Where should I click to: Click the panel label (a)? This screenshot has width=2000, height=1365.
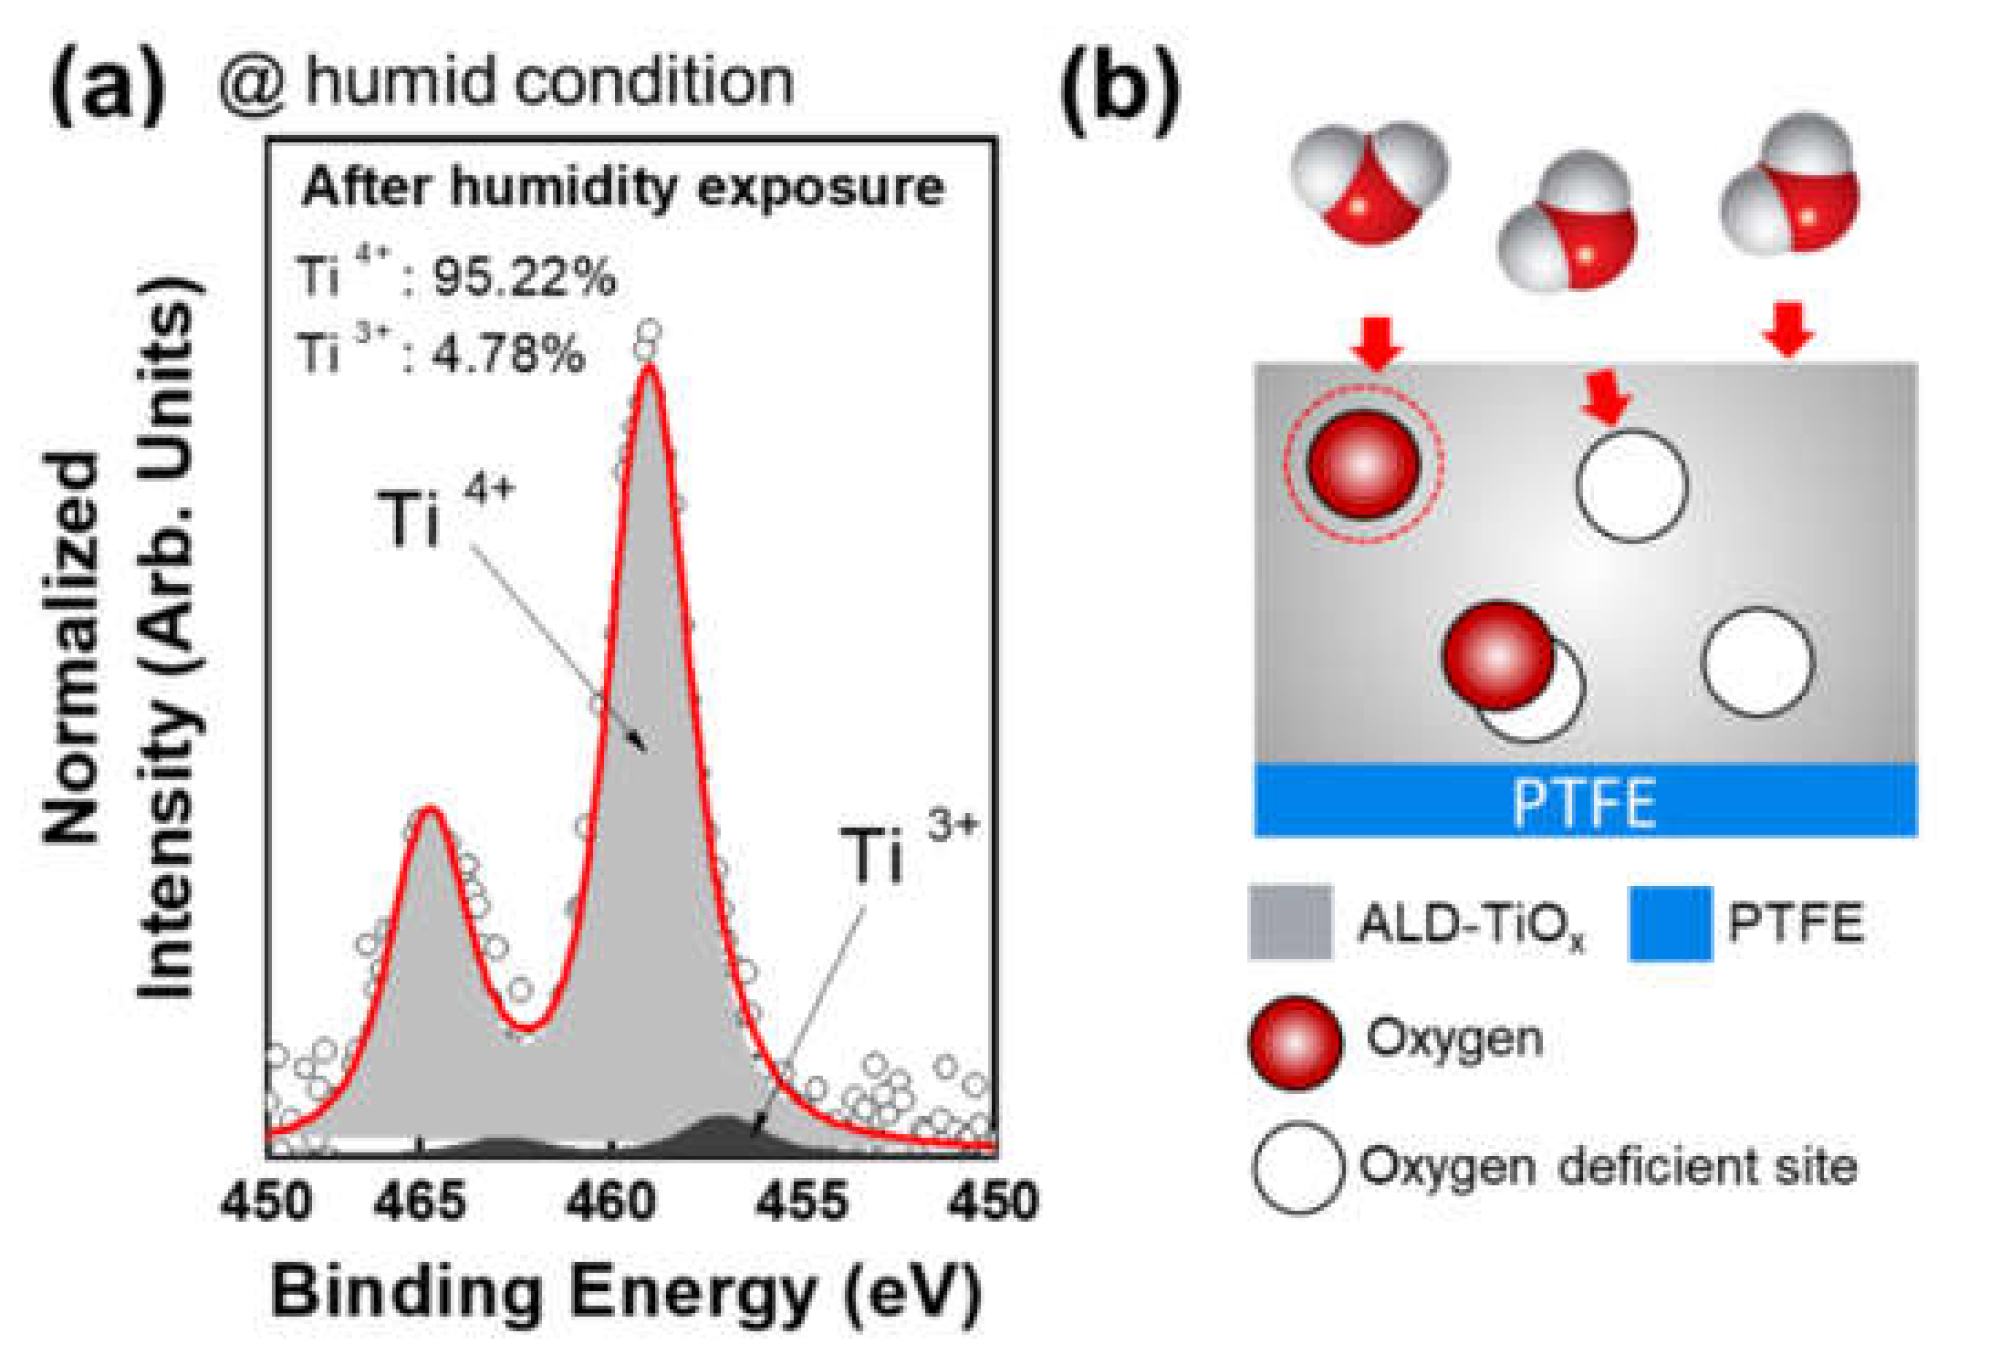[108, 87]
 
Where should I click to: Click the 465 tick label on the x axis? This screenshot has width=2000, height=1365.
[420, 1201]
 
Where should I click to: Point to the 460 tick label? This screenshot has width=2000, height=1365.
[610, 1201]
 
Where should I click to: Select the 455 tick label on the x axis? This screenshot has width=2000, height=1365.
[802, 1201]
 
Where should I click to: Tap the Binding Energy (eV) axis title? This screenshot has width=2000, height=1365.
[626, 1292]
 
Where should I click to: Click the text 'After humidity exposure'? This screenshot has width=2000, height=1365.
[623, 188]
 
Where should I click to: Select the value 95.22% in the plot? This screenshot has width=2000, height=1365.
[525, 276]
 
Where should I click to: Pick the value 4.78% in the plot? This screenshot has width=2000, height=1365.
[507, 354]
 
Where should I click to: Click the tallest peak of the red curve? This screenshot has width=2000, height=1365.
[649, 367]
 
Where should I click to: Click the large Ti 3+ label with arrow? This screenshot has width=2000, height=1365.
[906, 852]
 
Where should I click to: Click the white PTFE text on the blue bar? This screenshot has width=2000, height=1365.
[1584, 803]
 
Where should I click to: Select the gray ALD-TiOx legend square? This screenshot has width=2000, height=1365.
[1290, 922]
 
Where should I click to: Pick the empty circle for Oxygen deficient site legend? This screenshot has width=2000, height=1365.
[1297, 1168]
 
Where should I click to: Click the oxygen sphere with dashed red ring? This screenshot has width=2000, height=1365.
[1363, 464]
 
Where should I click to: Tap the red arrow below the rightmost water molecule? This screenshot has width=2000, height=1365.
[1787, 329]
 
